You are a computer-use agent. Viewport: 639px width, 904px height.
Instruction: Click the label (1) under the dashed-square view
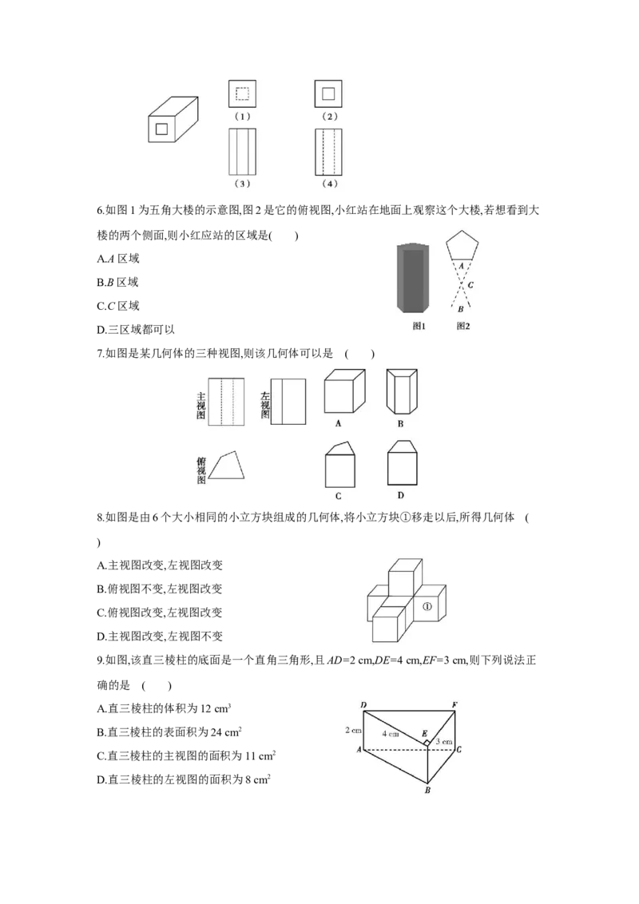coord(243,117)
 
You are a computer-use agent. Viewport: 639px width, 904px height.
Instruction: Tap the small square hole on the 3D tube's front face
coord(161,129)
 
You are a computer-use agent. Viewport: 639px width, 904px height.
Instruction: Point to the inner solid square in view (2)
coord(328,93)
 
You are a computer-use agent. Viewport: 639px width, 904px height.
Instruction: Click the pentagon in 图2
coord(463,246)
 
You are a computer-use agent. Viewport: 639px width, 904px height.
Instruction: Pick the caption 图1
coord(419,326)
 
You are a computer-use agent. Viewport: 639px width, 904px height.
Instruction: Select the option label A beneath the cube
coord(339,423)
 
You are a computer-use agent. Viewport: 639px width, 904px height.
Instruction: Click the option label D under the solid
coord(401,495)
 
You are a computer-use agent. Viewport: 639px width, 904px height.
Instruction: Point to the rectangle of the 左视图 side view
coord(288,402)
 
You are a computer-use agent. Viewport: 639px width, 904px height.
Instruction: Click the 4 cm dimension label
coord(390,733)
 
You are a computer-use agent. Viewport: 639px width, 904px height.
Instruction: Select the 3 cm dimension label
coord(444,742)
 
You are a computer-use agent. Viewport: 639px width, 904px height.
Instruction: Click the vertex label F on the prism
coord(454,704)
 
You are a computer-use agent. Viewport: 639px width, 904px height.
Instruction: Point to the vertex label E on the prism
coord(423,733)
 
